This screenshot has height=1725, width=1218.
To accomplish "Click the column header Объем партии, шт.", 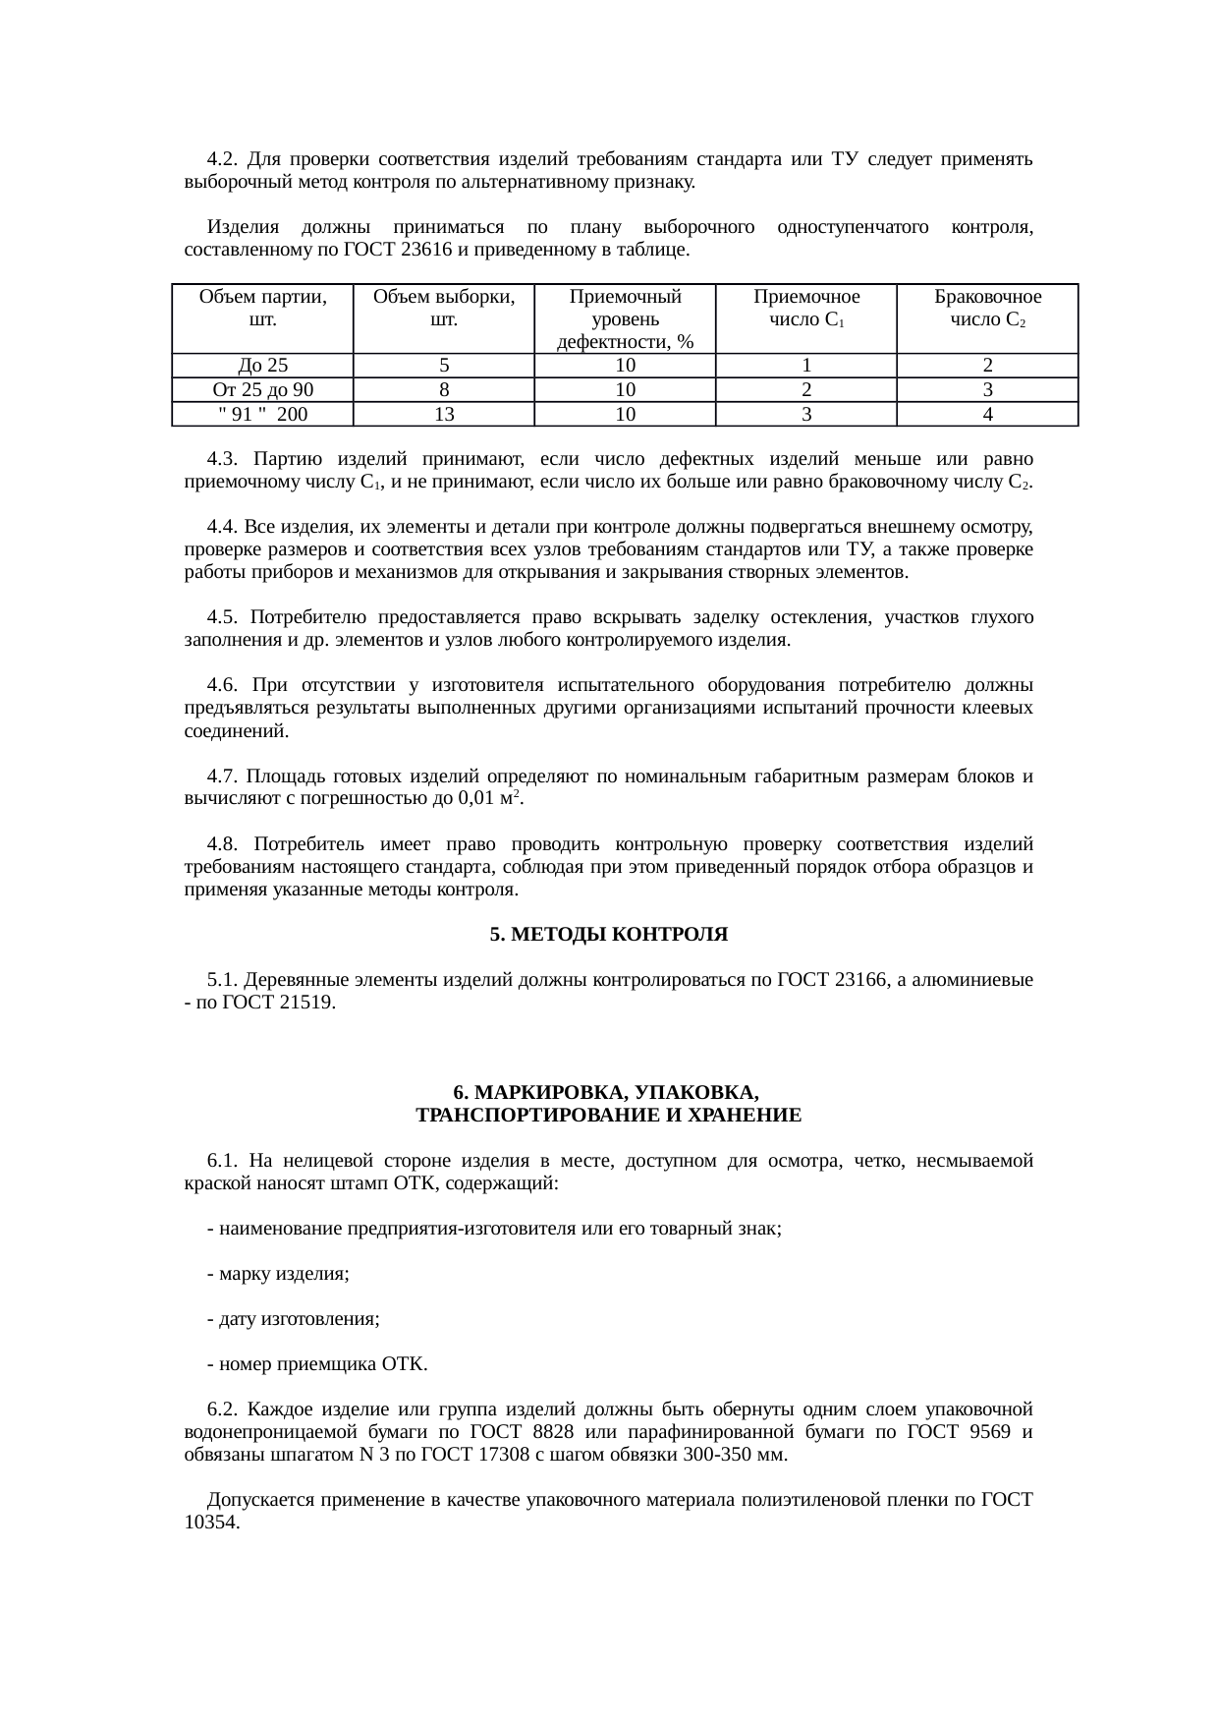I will pos(261,308).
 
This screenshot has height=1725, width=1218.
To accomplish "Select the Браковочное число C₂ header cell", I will pos(987,308).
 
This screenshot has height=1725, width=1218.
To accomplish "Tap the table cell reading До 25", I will pos(261,366).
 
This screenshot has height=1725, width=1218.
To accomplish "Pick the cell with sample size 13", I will pos(443,414).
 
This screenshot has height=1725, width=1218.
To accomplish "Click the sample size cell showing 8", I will pos(443,390).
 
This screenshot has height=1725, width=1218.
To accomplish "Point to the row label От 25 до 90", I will pos(261,390).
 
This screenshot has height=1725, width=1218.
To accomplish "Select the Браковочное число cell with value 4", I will pos(987,414).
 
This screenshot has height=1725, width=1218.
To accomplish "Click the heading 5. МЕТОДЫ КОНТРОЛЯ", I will pos(608,935).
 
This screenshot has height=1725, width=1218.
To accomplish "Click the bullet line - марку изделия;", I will pos(278,1274).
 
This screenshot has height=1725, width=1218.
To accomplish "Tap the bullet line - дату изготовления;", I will pos(293,1319).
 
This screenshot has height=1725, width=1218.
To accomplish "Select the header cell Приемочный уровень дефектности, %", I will pos(625,318).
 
